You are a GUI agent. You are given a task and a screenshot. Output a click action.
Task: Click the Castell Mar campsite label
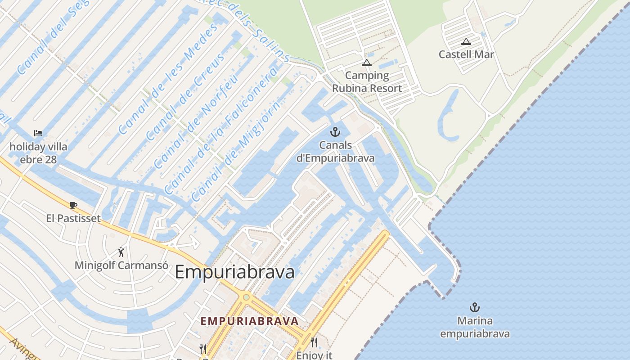[466, 54]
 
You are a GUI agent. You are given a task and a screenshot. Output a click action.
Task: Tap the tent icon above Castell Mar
[466, 42]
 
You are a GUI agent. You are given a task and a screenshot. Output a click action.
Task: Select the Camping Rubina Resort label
[367, 82]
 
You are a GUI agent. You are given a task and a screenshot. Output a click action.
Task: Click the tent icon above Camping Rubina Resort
[367, 63]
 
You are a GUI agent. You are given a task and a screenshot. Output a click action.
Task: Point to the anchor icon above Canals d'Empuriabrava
[335, 132]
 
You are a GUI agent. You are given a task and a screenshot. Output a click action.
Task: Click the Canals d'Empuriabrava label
[335, 152]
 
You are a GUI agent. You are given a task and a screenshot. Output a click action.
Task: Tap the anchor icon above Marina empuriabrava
[474, 308]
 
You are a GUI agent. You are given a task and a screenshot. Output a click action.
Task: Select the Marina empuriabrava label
[475, 328]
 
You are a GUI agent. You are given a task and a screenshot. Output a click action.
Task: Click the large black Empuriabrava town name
[234, 272]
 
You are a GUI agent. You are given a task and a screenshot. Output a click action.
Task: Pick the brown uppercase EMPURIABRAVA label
[249, 321]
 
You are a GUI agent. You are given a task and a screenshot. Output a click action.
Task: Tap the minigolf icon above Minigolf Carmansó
[121, 252]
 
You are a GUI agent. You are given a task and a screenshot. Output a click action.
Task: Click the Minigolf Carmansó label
[121, 265]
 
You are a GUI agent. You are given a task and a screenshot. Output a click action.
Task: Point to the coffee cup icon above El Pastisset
[73, 206]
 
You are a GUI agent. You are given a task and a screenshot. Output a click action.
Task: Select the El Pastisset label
[73, 218]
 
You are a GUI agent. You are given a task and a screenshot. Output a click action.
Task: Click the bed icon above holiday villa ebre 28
[38, 133]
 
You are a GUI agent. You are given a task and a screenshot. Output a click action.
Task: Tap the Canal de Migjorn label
[237, 151]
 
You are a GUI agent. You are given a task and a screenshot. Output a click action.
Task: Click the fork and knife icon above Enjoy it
[314, 342]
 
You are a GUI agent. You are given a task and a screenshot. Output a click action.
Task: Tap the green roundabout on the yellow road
[246, 297]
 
